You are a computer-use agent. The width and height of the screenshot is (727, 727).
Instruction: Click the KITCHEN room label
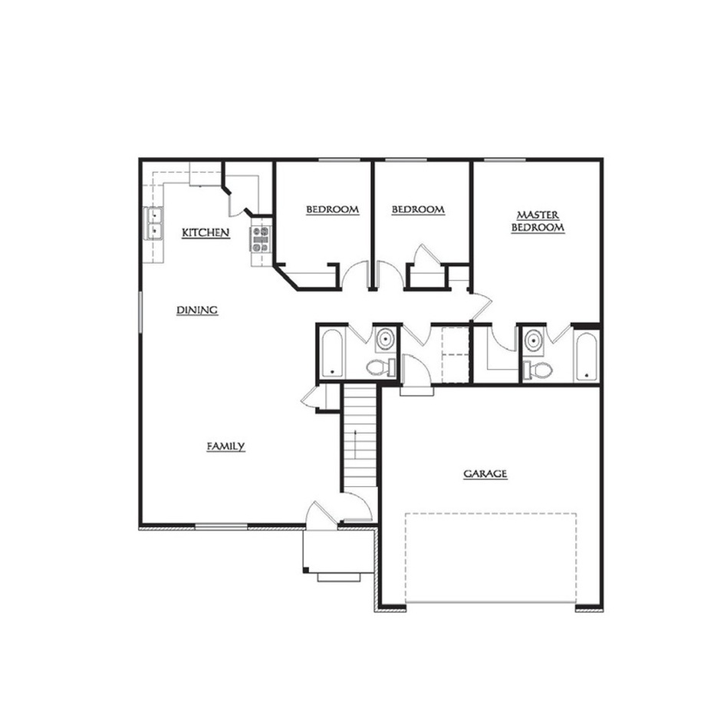pos(206,233)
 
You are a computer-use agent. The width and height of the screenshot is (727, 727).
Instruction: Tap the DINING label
pos(197,310)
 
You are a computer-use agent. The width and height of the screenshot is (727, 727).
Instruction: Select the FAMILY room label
pos(225,446)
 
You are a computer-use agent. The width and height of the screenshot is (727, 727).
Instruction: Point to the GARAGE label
pos(485,474)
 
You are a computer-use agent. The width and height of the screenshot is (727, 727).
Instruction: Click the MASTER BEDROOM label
pos(538,222)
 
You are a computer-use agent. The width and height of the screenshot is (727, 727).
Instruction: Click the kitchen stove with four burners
pos(261,239)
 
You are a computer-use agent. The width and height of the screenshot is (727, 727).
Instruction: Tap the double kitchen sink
pos(154,223)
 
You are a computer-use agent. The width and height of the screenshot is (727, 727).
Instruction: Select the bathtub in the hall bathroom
pos(331,354)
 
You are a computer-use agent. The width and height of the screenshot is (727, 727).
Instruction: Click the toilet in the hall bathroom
pos(381,367)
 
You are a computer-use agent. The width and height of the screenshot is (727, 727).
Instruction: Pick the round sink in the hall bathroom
pos(385,339)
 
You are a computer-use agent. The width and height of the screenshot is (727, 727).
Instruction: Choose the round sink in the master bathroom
pos(534,340)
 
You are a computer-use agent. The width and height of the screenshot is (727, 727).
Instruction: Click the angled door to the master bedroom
pos(481,306)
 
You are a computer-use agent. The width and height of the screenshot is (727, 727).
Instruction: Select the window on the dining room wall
pos(140,312)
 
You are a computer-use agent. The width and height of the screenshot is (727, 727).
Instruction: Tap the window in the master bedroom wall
pos(505,160)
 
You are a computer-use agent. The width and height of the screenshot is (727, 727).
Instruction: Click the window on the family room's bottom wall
pos(221,526)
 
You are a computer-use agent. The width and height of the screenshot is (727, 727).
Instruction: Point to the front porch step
pos(339,577)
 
